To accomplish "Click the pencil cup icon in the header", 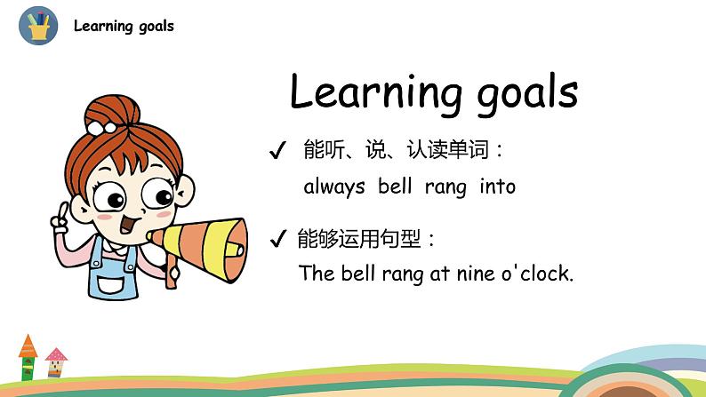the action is click(38, 26).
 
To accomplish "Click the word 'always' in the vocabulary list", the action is click(334, 187).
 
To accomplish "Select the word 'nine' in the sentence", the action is click(476, 274).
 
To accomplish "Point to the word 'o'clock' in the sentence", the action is click(538, 273).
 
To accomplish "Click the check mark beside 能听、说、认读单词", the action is click(277, 150).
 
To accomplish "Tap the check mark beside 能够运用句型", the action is click(277, 238).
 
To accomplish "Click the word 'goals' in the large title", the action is click(527, 94).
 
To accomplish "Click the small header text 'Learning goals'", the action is click(124, 26).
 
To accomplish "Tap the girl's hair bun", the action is click(112, 111).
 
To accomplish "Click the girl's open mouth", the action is click(128, 224).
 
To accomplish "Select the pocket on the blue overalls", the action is click(111, 285).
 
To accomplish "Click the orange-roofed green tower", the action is click(28, 357).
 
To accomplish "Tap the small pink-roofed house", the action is click(56, 362).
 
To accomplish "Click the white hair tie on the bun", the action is click(100, 128).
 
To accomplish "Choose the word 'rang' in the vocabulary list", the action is click(445, 187).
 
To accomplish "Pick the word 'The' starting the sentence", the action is click(317, 273).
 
